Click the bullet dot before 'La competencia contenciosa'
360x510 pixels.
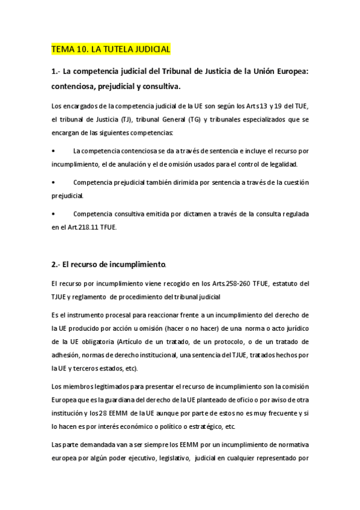[x=54, y=150]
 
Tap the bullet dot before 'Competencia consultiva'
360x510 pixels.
[x=54, y=214]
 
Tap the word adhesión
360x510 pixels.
[x=66, y=352]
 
